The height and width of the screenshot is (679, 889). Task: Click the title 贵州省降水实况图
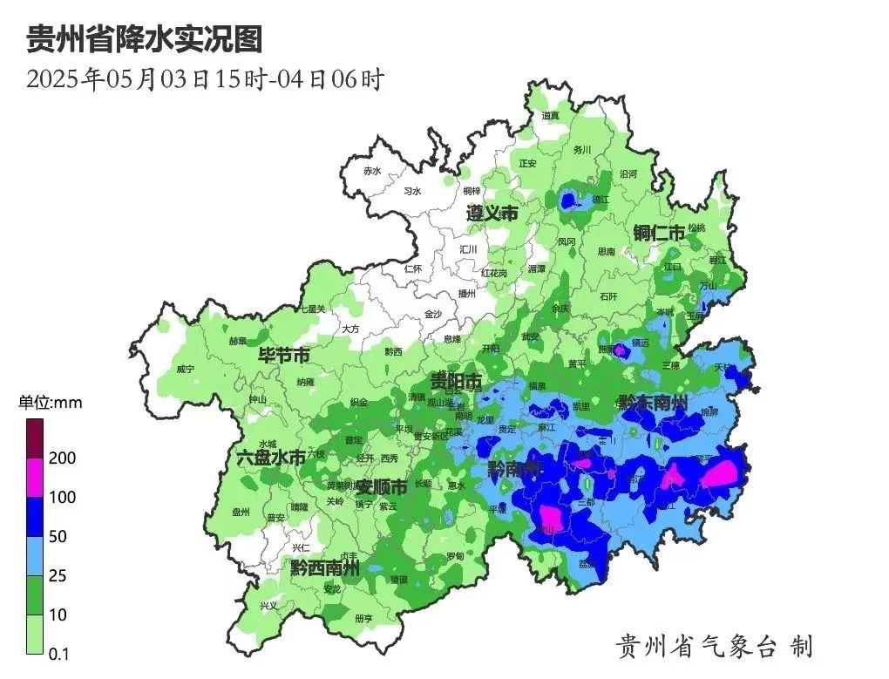pyautogui.click(x=144, y=39)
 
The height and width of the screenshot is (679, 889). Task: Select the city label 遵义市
pyautogui.click(x=492, y=214)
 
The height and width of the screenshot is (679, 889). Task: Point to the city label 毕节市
pyautogui.click(x=283, y=356)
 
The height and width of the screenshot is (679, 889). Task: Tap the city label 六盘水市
pyautogui.click(x=271, y=457)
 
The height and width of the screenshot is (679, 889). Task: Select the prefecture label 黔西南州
pyautogui.click(x=325, y=569)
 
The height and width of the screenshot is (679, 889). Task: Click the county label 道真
pyautogui.click(x=550, y=115)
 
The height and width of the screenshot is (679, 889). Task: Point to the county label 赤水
pyautogui.click(x=373, y=171)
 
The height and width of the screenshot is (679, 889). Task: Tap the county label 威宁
pyautogui.click(x=185, y=370)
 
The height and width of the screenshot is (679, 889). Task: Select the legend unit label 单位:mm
pyautogui.click(x=51, y=403)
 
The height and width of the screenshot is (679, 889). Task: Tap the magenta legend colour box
pyautogui.click(x=35, y=478)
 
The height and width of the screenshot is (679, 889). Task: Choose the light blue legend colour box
pyautogui.click(x=35, y=556)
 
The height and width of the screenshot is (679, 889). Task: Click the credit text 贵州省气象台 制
pyautogui.click(x=714, y=646)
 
